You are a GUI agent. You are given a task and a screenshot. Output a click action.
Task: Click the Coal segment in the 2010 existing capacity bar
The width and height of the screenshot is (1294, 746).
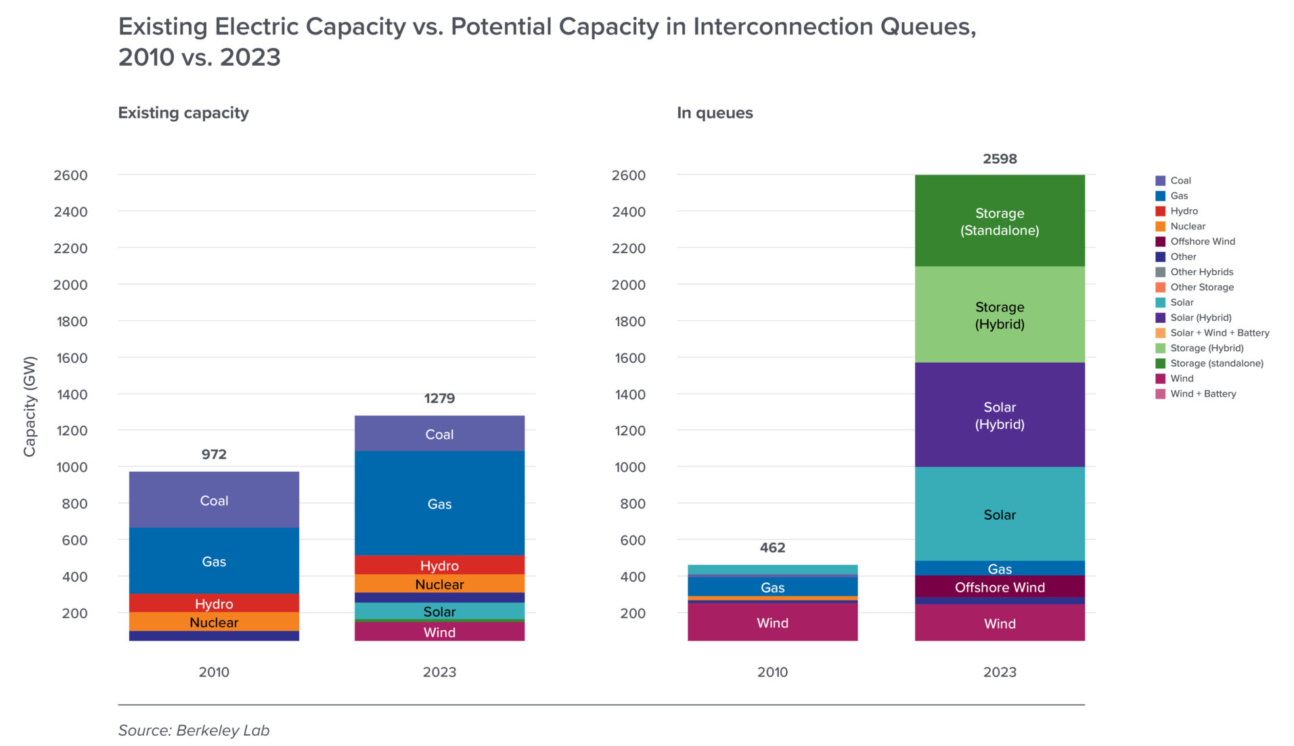pyautogui.click(x=214, y=500)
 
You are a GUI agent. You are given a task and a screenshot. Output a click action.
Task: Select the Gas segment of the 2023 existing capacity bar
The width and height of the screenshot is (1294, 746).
pyautogui.click(x=439, y=503)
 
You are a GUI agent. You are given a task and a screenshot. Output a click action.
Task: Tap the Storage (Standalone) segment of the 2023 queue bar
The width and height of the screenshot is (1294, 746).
pyautogui.click(x=999, y=221)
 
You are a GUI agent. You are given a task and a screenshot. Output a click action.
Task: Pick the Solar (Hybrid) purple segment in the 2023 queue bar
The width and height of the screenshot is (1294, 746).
pyautogui.click(x=999, y=415)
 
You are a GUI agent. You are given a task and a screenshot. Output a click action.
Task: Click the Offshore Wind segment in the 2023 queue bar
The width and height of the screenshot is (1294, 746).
pyautogui.click(x=999, y=587)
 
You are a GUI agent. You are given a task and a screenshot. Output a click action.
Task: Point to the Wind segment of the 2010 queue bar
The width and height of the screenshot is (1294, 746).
pyautogui.click(x=772, y=622)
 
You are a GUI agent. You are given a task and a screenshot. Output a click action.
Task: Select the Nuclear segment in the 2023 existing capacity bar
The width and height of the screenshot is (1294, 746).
pyautogui.click(x=439, y=584)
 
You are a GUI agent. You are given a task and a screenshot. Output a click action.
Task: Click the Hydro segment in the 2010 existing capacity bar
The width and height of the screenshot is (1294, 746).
pyautogui.click(x=214, y=603)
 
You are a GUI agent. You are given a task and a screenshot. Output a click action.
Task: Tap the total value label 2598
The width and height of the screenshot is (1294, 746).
pyautogui.click(x=999, y=159)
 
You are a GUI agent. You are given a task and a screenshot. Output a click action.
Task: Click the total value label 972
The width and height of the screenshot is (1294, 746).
pyautogui.click(x=214, y=454)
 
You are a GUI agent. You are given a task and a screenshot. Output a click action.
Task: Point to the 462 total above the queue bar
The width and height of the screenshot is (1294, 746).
pyautogui.click(x=772, y=548)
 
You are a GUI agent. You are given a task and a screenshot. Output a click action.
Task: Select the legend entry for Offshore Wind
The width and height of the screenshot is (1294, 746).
pyautogui.click(x=1202, y=242)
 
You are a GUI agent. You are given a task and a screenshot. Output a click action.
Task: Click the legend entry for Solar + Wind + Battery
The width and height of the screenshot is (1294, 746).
pyautogui.click(x=1219, y=333)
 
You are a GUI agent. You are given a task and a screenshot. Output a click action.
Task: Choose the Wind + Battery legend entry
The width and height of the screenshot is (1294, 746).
pyautogui.click(x=1203, y=394)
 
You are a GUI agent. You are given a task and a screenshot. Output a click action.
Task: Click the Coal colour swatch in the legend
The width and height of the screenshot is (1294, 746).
pyautogui.click(x=1160, y=181)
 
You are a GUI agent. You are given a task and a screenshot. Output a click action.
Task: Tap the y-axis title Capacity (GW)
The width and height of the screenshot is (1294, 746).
pyautogui.click(x=29, y=406)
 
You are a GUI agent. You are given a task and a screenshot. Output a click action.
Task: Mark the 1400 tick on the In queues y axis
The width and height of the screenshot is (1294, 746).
pyautogui.click(x=629, y=394)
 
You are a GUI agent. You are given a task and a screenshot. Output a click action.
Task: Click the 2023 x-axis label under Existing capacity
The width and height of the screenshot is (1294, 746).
pyautogui.click(x=439, y=672)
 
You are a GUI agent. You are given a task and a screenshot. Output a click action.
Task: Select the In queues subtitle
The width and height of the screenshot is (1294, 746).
pyautogui.click(x=714, y=113)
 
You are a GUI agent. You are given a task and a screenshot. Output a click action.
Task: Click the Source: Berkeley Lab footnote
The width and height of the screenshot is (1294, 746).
pyautogui.click(x=194, y=730)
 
